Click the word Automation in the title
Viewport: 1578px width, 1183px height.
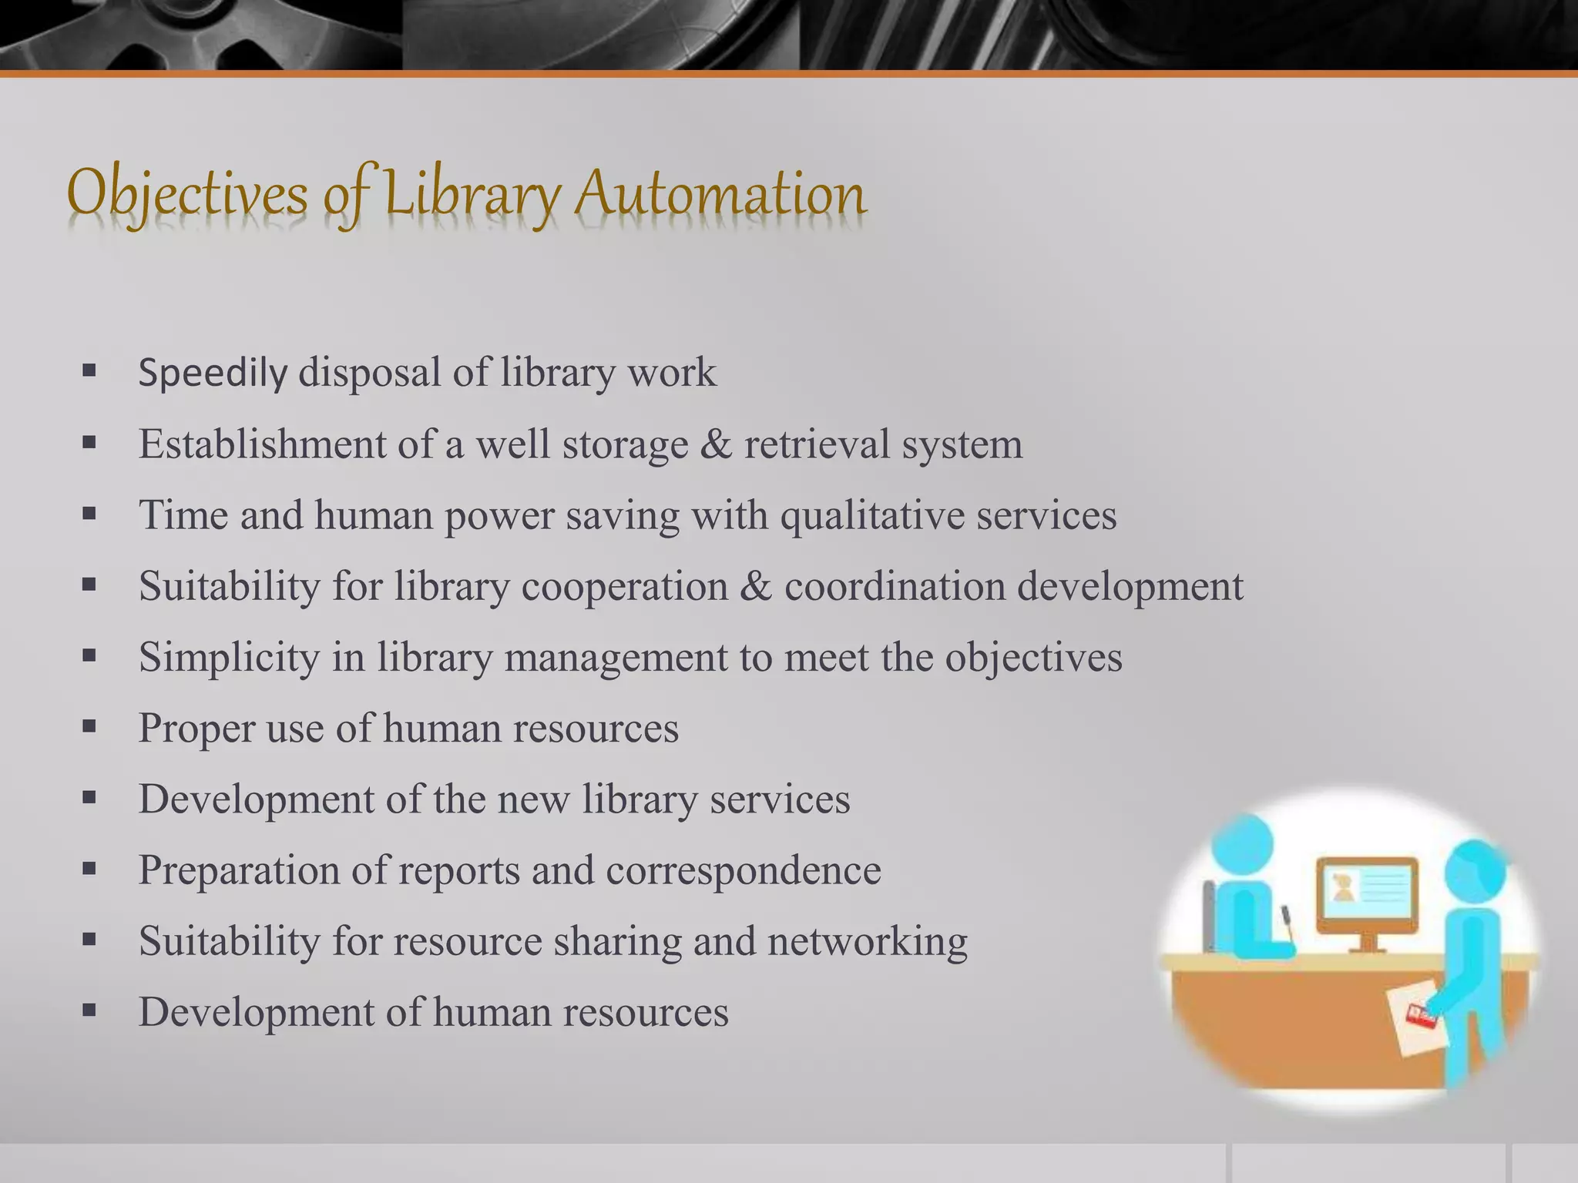click(x=720, y=193)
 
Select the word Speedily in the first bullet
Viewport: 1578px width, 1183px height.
click(x=213, y=373)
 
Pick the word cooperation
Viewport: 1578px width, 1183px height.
click(x=624, y=586)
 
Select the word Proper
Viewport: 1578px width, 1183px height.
click(x=196, y=729)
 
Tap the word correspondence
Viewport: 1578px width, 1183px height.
click(x=743, y=870)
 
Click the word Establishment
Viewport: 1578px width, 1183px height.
click(x=262, y=444)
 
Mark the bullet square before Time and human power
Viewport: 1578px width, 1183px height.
click(x=89, y=514)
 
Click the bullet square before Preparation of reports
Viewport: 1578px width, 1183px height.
click(x=89, y=870)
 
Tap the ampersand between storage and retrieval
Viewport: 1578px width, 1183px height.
click(x=716, y=444)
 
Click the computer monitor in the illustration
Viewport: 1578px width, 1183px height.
click(x=1367, y=894)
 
